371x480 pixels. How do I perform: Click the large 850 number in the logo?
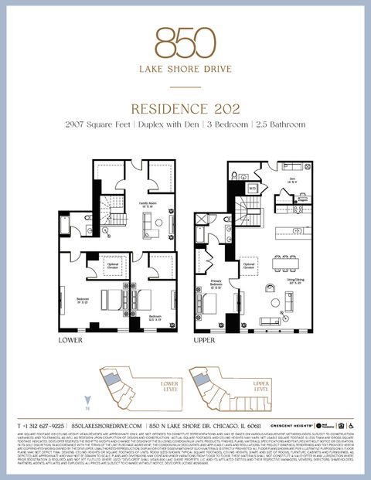click(185, 43)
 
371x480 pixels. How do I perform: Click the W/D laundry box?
click(252, 188)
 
